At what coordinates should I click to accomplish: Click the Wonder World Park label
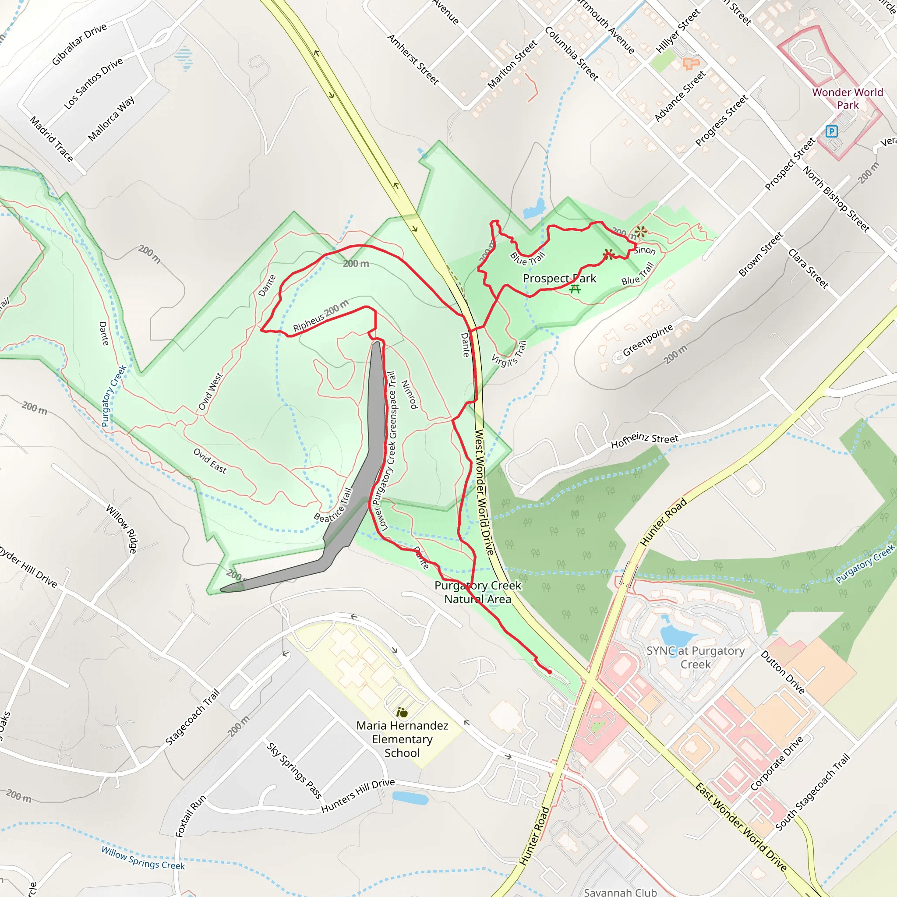[848, 99]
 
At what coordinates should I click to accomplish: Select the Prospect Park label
[559, 278]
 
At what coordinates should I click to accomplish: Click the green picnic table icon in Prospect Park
[575, 289]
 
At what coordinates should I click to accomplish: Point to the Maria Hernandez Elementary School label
[402, 739]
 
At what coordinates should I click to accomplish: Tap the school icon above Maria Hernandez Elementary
[402, 712]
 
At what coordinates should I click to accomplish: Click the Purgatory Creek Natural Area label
[478, 592]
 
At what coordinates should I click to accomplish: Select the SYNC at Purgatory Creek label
[695, 657]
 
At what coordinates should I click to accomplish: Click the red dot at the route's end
[550, 672]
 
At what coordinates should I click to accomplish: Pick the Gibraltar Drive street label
[79, 44]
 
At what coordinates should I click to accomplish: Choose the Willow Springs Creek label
[143, 858]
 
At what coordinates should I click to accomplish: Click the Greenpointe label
[648, 340]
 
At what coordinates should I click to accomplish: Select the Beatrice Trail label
[333, 505]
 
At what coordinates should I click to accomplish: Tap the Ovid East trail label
[210, 461]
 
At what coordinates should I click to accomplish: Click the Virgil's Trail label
[509, 355]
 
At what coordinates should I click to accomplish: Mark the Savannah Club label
[620, 892]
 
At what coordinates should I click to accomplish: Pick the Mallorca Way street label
[111, 118]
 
